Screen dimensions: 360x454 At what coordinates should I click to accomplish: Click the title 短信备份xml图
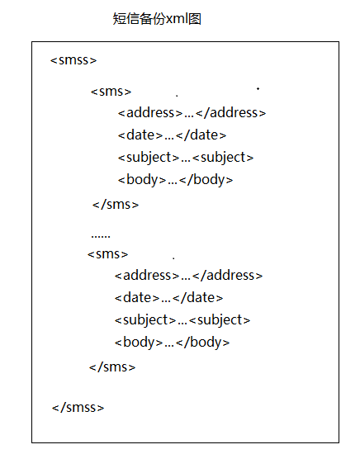pyautogui.click(x=157, y=19)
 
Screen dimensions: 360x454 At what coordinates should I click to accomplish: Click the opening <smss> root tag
pyautogui.click(x=73, y=60)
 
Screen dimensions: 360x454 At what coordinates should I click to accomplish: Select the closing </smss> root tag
pyautogui.click(x=78, y=408)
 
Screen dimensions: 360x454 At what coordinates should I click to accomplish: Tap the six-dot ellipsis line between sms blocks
pyautogui.click(x=101, y=236)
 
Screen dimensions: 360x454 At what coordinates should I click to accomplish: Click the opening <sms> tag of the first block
pyautogui.click(x=111, y=92)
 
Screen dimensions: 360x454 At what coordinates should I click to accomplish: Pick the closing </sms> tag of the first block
pyautogui.click(x=116, y=205)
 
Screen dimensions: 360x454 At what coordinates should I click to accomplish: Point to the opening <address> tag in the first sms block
pyautogui.click(x=150, y=112)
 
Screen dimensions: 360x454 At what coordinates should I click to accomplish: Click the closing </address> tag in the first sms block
pyautogui.click(x=231, y=112)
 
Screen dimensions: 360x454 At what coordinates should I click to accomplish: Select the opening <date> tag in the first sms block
pyautogui.click(x=140, y=135)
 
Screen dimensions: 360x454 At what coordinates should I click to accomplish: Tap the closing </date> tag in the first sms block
pyautogui.click(x=201, y=135)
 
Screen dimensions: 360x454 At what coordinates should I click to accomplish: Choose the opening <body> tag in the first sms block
pyautogui.click(x=142, y=180)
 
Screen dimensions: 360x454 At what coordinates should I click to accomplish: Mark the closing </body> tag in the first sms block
pyautogui.click(x=206, y=180)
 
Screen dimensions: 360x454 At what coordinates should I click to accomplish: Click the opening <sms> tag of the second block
pyautogui.click(x=107, y=254)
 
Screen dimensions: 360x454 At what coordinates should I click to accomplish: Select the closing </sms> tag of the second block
pyautogui.click(x=112, y=367)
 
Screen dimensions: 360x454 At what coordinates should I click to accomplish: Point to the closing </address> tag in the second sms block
pyautogui.click(x=227, y=276)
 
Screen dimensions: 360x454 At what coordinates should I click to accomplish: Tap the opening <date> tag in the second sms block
pyautogui.click(x=137, y=298)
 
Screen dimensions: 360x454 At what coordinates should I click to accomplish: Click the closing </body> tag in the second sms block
pyautogui.click(x=203, y=343)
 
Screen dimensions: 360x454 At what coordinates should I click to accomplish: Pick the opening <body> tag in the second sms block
pyautogui.click(x=139, y=343)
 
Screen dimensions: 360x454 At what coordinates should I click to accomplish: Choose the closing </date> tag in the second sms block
pyautogui.click(x=198, y=298)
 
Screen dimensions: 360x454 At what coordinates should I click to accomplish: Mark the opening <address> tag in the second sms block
pyautogui.click(x=147, y=276)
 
